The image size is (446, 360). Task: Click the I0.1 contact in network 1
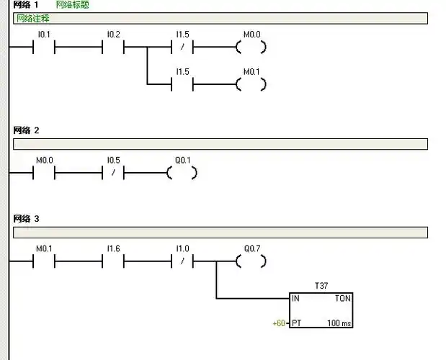(44, 48)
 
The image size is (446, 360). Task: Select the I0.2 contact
(113, 48)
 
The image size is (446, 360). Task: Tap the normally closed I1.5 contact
(183, 48)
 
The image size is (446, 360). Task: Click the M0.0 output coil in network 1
(251, 48)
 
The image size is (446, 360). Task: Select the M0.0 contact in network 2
(44, 174)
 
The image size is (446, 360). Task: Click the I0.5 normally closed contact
(113, 174)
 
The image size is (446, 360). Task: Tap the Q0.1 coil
(182, 174)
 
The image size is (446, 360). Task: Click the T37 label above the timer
(321, 286)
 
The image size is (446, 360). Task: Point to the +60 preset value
(279, 323)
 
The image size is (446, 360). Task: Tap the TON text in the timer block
(342, 298)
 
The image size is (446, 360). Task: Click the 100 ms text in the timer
(339, 323)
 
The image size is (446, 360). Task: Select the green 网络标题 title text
(73, 5)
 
